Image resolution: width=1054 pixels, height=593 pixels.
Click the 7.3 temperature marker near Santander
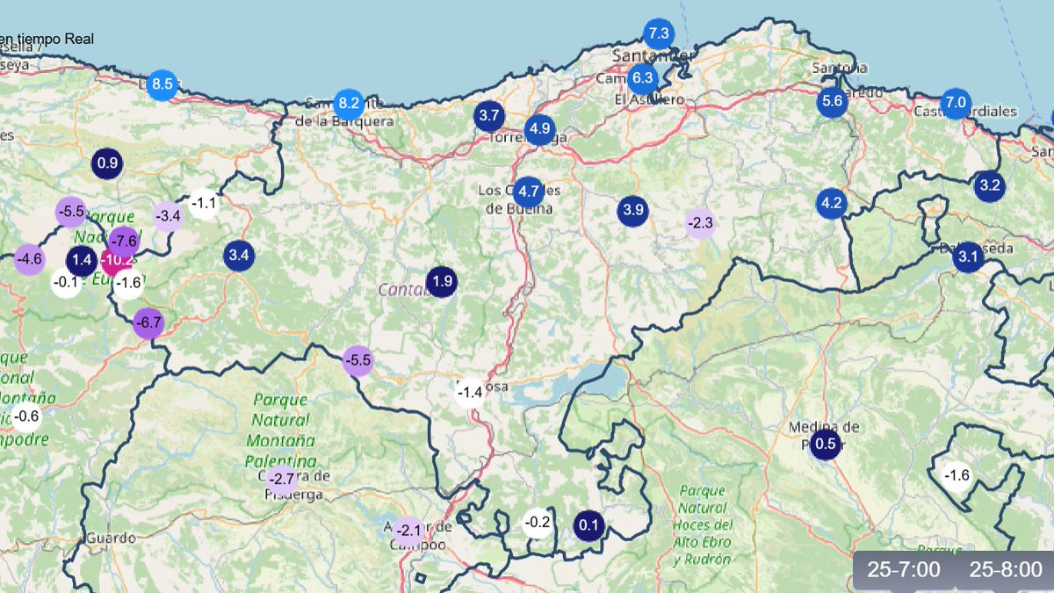[658, 34]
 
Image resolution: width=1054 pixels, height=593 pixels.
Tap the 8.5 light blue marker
[162, 85]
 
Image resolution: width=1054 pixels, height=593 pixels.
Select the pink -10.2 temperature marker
[116, 260]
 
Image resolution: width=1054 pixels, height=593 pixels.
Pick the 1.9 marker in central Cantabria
[442, 282]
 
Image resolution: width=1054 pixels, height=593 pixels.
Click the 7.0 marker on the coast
[955, 103]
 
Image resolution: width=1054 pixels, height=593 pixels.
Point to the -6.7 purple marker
[148, 323]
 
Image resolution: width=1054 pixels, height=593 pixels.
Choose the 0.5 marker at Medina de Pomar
[826, 444]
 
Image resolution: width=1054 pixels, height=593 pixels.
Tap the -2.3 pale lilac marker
[700, 223]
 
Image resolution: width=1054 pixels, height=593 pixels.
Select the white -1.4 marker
[471, 392]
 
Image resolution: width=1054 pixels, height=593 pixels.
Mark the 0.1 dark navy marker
[588, 526]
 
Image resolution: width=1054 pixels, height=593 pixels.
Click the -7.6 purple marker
[125, 241]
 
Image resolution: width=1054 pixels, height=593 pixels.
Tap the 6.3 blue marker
[642, 78]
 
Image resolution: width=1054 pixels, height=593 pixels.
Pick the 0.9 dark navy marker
[107, 163]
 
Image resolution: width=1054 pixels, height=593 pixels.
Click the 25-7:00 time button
[904, 569]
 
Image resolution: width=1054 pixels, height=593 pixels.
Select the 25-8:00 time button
[1006, 569]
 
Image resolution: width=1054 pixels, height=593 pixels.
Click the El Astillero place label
[649, 100]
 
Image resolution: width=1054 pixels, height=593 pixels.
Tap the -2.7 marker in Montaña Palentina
[282, 480]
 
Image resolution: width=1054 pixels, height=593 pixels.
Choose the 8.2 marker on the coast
[349, 102]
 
